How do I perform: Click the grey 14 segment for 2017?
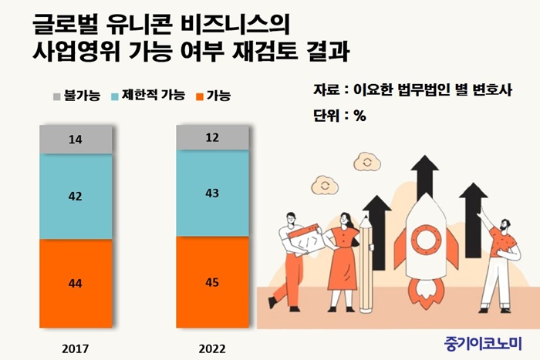click(76, 139)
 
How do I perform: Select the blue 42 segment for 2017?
click(76, 197)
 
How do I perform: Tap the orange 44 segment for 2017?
click(76, 284)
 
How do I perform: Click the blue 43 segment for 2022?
click(212, 193)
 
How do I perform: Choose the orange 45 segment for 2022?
click(212, 281)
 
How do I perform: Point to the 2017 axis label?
click(76, 346)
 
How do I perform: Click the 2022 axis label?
click(212, 346)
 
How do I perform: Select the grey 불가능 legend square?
click(56, 96)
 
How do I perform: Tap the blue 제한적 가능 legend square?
click(116, 96)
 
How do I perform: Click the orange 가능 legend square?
click(200, 96)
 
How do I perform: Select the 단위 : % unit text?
click(339, 116)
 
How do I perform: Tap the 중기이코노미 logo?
click(483, 340)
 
